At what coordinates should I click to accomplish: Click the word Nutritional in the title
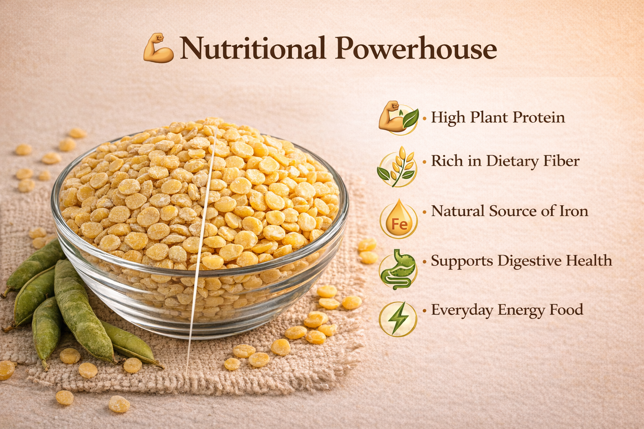click(x=253, y=48)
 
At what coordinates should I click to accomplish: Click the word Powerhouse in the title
click(x=416, y=48)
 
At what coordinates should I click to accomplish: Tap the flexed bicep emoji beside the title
click(x=158, y=48)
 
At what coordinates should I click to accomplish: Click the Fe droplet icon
click(x=398, y=218)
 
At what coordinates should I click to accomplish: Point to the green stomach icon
click(x=398, y=269)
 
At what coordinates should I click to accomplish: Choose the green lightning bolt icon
click(x=398, y=319)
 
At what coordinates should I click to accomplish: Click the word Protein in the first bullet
click(x=539, y=117)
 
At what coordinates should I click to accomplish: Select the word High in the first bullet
click(x=448, y=118)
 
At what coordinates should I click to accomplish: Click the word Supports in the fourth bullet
click(x=462, y=261)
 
